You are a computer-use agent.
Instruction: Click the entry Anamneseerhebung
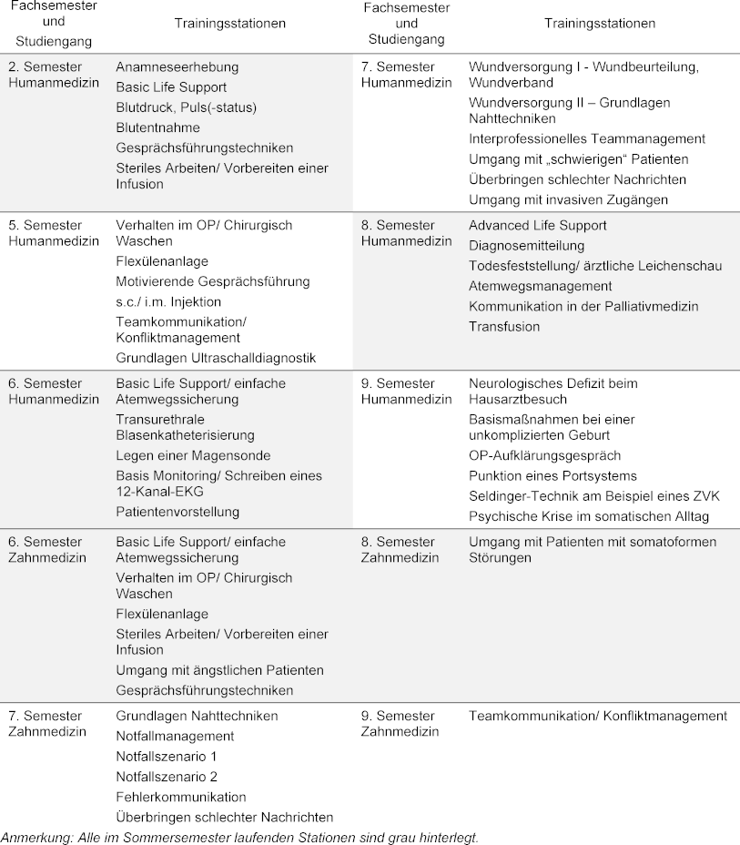click(x=177, y=67)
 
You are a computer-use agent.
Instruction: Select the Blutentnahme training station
click(x=157, y=127)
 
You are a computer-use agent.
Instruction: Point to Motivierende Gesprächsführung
click(x=213, y=281)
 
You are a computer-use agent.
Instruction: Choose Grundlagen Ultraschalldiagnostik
click(x=216, y=358)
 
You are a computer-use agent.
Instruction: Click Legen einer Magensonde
click(x=193, y=455)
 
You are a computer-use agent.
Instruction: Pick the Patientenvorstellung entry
click(x=177, y=512)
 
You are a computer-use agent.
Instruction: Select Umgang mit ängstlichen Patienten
click(x=219, y=670)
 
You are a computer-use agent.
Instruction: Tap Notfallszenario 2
click(x=167, y=777)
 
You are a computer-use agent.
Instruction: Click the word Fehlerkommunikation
click(x=181, y=797)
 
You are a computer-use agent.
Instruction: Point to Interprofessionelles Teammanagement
click(x=587, y=139)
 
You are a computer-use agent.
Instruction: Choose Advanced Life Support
click(x=537, y=226)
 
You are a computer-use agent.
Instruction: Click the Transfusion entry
click(x=504, y=327)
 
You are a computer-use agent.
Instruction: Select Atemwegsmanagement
click(x=541, y=286)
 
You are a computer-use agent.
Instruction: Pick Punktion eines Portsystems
click(x=552, y=476)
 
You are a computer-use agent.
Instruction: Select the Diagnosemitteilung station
click(x=527, y=246)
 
